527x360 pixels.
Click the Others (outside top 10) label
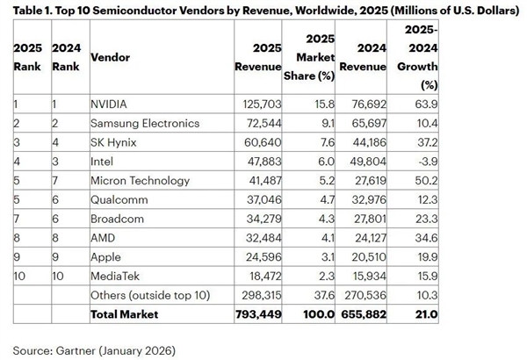150,295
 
